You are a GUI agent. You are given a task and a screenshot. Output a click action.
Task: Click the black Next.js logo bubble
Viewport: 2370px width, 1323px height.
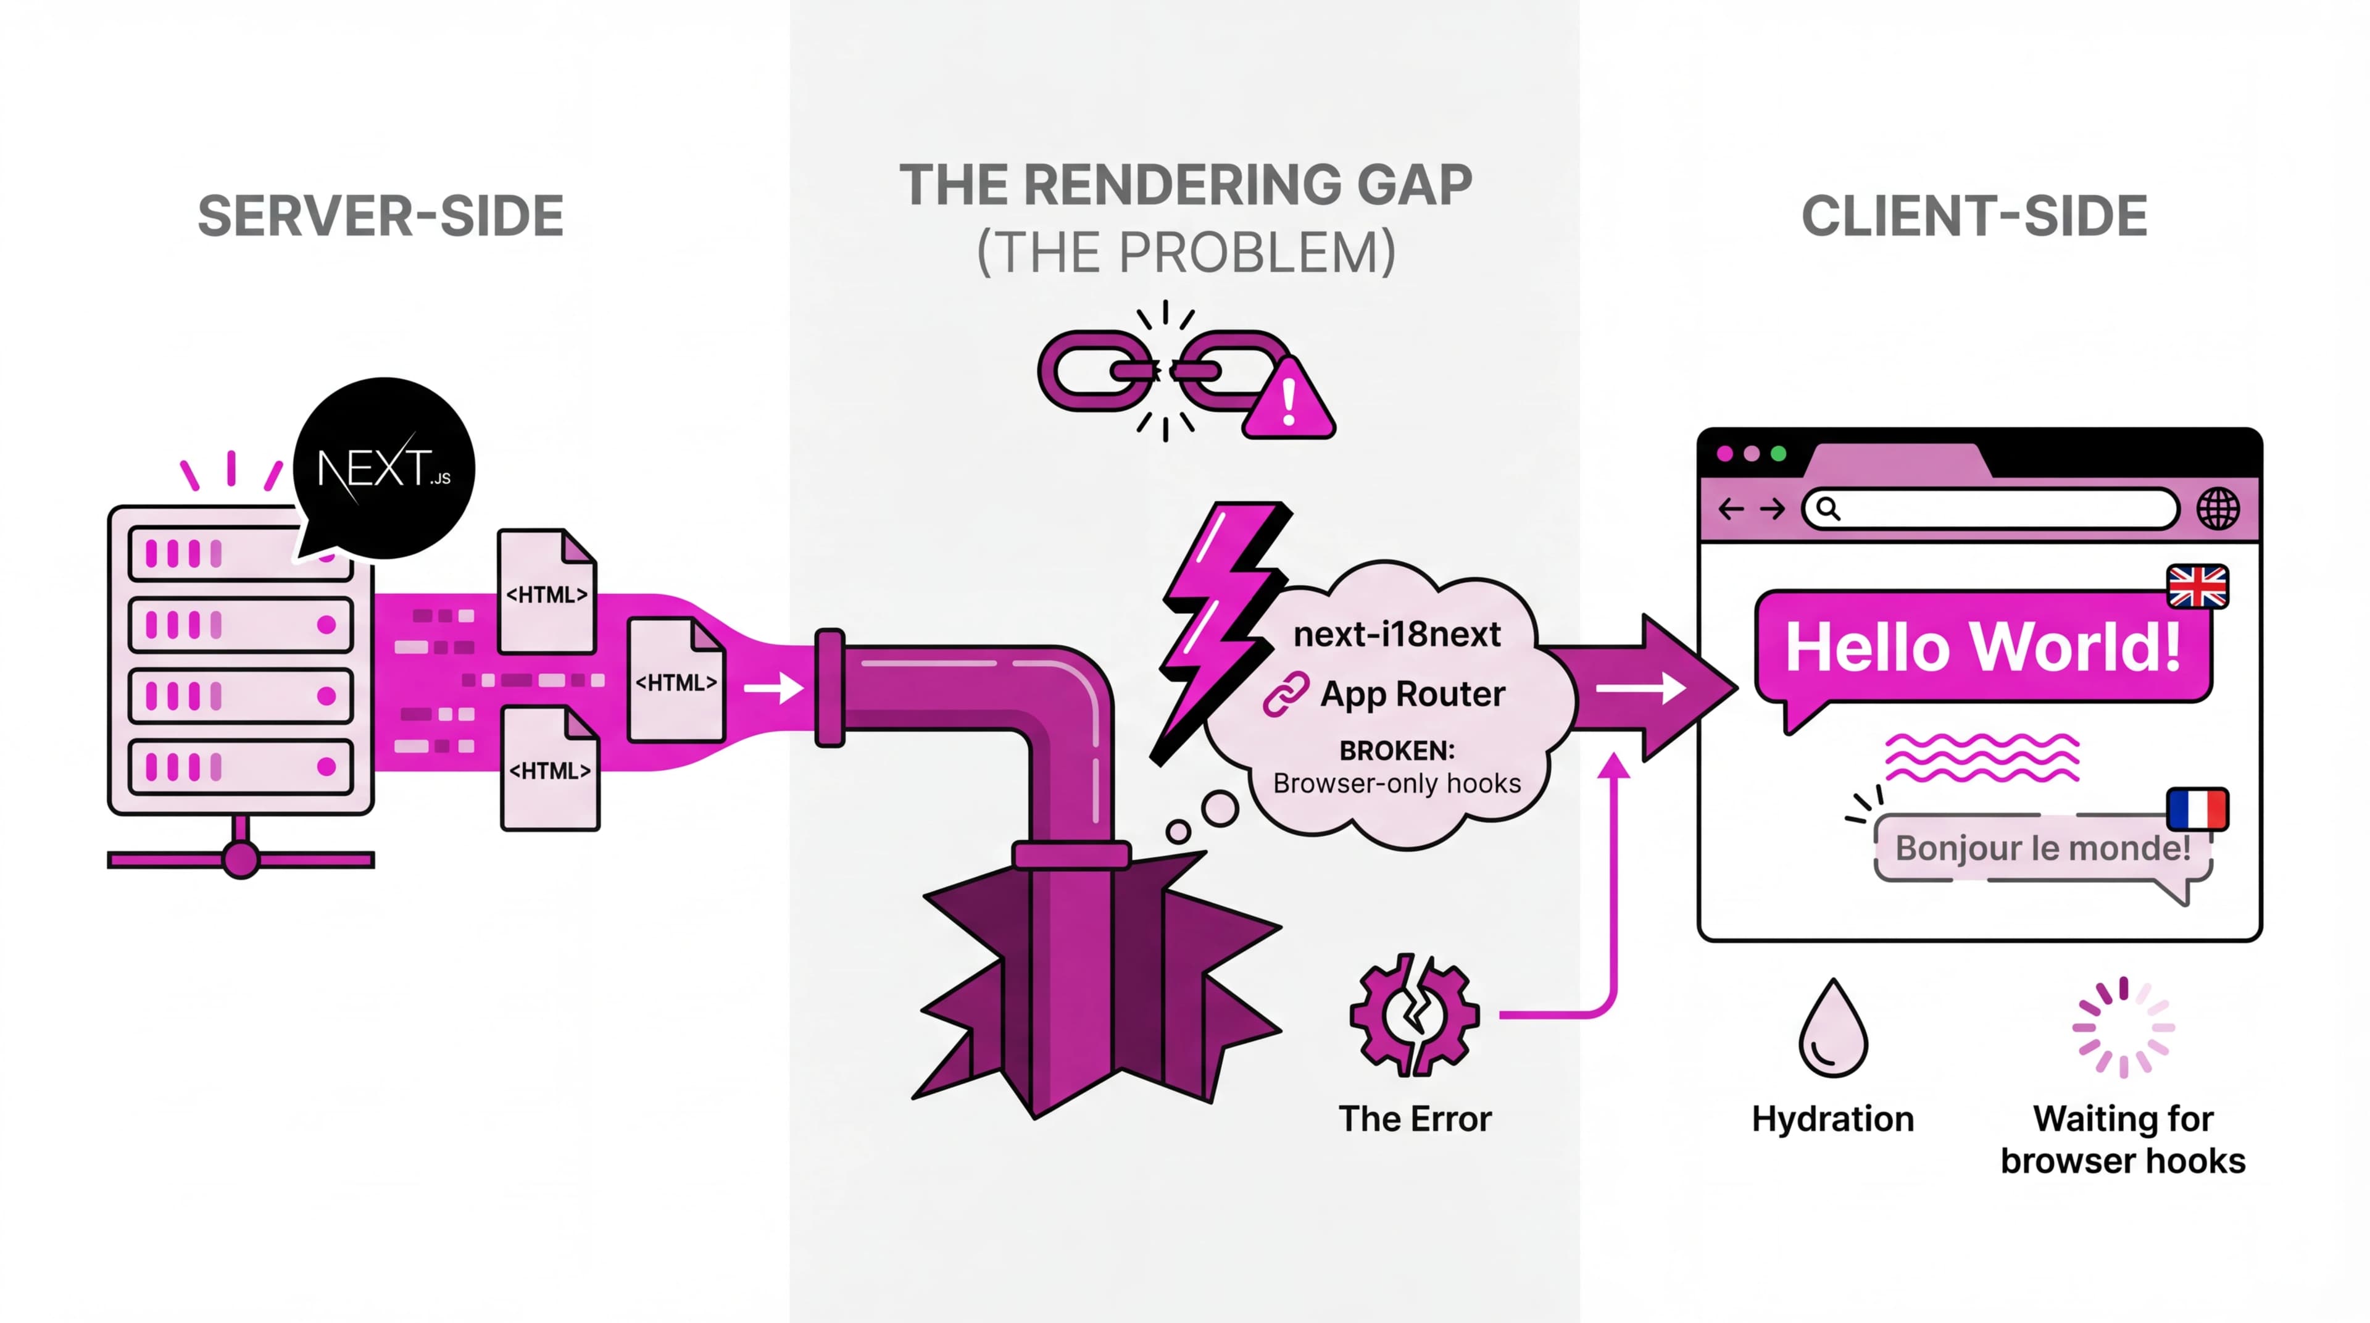385,467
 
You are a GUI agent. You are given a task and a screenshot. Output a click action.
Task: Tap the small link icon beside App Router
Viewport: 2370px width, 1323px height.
1285,694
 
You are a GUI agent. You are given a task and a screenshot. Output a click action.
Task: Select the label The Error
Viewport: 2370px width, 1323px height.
1414,1119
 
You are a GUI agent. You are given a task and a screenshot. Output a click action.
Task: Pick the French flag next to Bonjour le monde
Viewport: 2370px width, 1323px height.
2197,809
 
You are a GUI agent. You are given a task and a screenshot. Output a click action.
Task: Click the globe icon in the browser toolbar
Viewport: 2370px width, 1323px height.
2218,509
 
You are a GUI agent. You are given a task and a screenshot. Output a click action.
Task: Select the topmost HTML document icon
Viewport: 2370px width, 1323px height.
546,591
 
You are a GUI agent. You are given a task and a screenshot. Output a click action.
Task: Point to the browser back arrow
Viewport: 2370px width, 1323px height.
1731,509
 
